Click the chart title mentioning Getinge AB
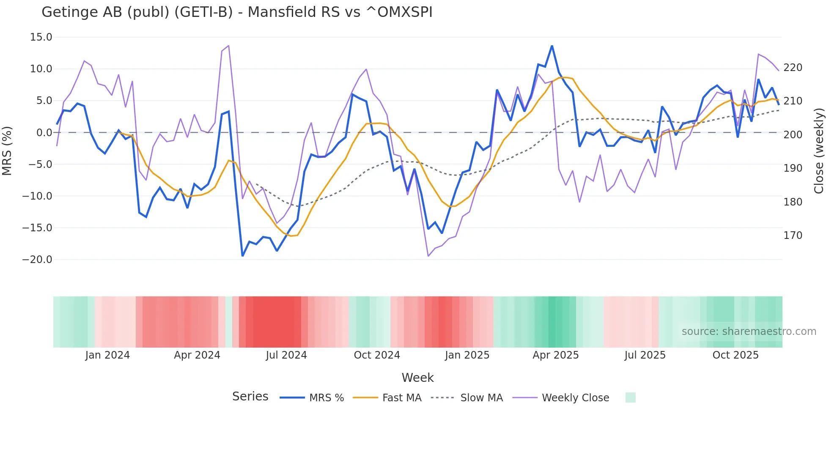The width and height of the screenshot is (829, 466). point(237,12)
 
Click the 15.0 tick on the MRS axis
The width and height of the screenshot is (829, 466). point(41,37)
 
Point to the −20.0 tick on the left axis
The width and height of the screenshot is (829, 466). point(37,260)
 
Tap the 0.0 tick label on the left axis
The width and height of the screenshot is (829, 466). point(44,133)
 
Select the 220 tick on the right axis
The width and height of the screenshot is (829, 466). point(793,68)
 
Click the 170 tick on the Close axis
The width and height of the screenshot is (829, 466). point(793,236)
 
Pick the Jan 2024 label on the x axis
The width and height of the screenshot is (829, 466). point(107,355)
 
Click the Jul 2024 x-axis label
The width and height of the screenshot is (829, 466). point(286,355)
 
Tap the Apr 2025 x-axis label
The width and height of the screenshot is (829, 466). point(555,355)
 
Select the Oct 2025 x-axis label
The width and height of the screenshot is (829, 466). point(736,355)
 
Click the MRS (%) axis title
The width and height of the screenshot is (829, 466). point(7,151)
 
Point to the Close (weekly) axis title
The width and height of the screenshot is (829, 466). point(819,151)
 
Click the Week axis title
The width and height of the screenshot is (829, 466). point(417,378)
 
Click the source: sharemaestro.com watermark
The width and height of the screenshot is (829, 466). point(749,332)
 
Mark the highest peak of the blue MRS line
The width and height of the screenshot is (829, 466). point(552,46)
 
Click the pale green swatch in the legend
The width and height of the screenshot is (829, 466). point(630,397)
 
